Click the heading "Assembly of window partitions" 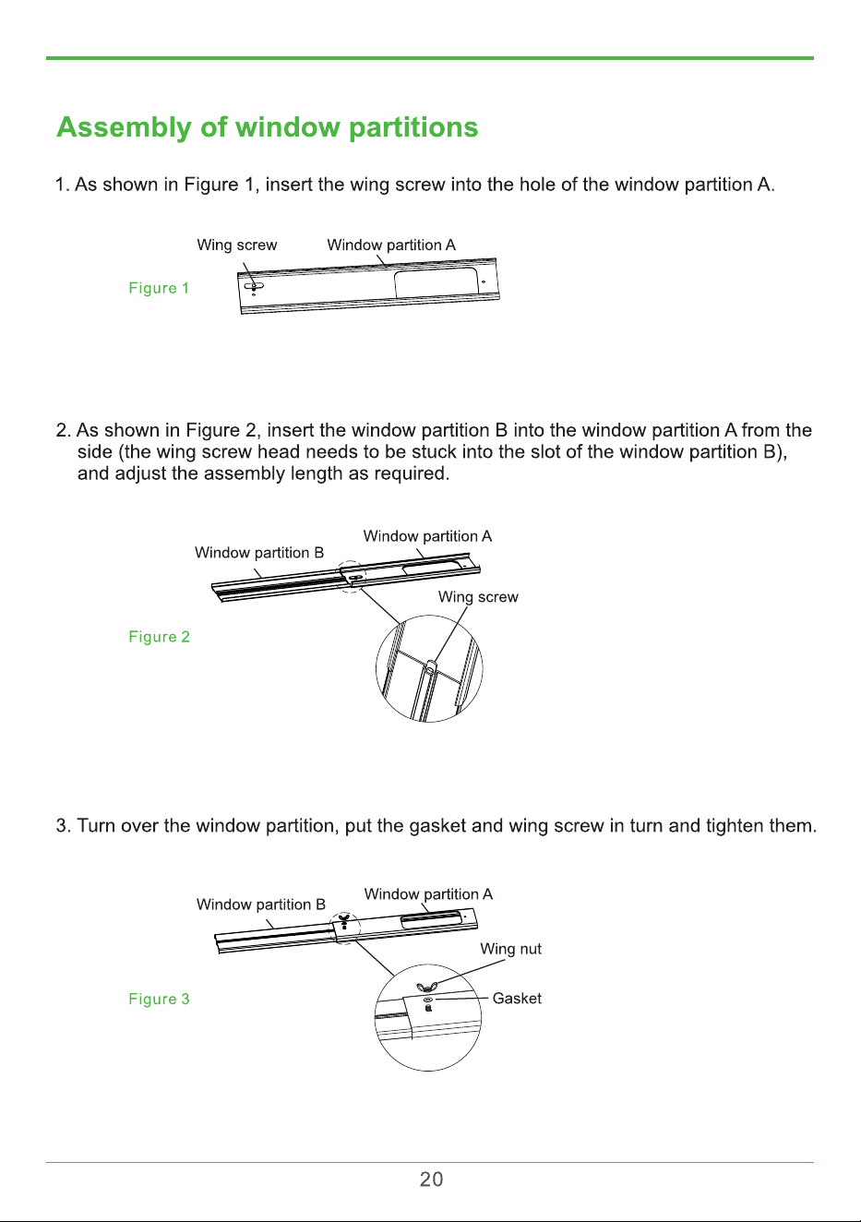coord(268,128)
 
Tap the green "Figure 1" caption coord(159,288)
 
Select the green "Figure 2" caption coord(159,637)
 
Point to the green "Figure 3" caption coord(159,999)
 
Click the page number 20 coord(431,1180)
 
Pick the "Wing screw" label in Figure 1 coord(237,245)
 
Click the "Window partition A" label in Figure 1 coord(391,245)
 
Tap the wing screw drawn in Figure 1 coord(254,287)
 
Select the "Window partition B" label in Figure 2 coord(259,553)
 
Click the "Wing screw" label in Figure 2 coord(478,597)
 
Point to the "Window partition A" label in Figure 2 coord(428,536)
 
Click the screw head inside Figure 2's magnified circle coord(430,666)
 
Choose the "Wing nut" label coord(510,949)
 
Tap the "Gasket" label coord(517,999)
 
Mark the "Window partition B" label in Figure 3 coord(261,905)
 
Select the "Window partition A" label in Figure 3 coord(428,894)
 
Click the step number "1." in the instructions coord(62,185)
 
